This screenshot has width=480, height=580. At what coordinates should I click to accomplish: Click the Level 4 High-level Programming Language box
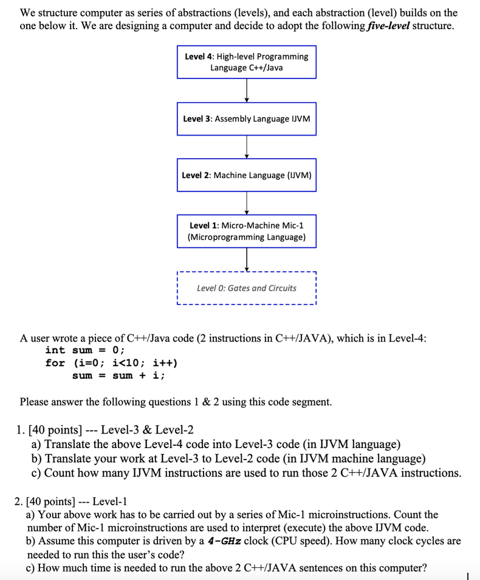click(x=246, y=61)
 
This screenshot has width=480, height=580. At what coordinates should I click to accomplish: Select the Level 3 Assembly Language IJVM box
click(x=246, y=119)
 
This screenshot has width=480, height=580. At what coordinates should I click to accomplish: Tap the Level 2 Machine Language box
click(x=246, y=175)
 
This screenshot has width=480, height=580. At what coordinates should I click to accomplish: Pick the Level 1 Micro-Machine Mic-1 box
click(x=246, y=231)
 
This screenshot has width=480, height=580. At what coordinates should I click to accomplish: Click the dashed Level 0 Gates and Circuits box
click(x=246, y=288)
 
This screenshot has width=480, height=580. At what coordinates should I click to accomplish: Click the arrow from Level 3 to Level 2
click(x=247, y=147)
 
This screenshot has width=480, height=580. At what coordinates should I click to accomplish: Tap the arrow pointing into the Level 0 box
click(x=247, y=260)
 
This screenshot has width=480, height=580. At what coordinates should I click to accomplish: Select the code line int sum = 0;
click(x=85, y=350)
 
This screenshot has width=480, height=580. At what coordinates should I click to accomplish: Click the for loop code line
click(x=111, y=363)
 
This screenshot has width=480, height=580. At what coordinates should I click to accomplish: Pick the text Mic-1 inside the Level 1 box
click(x=290, y=226)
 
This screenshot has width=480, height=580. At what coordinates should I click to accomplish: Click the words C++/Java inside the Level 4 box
click(x=264, y=67)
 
